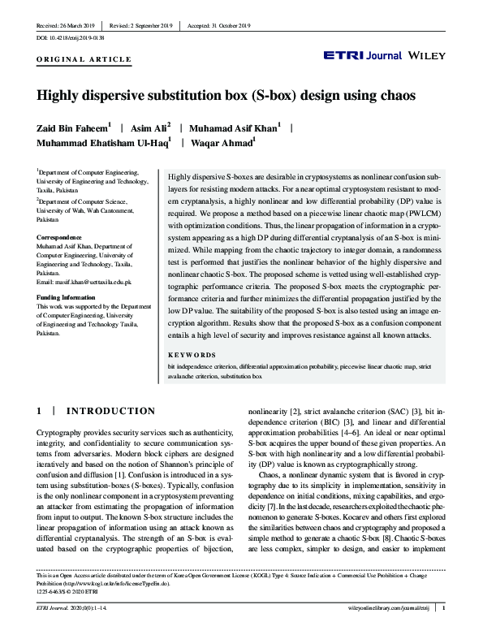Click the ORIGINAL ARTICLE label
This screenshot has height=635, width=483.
(84, 60)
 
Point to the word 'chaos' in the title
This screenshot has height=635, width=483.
(395, 94)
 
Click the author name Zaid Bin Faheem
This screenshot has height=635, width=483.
(72, 127)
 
